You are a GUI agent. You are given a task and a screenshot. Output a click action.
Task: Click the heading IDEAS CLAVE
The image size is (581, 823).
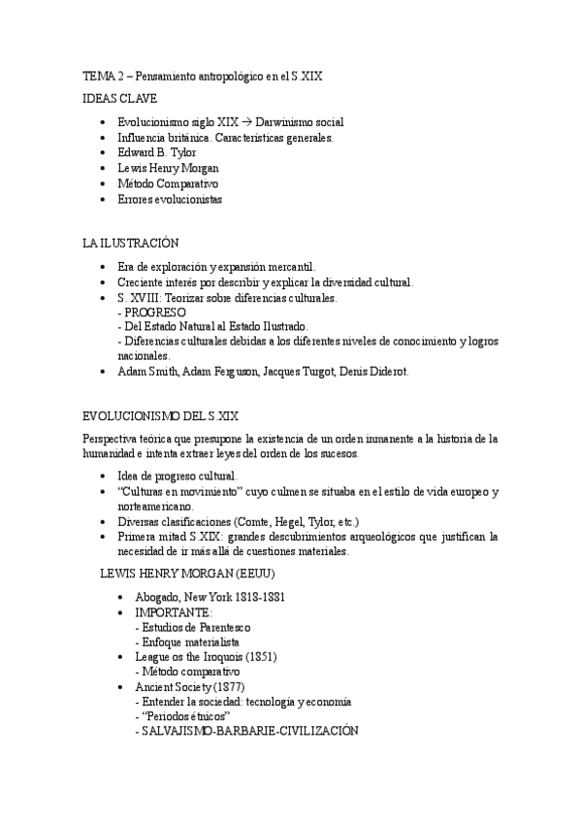[x=120, y=98]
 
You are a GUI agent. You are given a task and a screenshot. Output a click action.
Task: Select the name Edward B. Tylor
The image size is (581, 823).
[x=156, y=153]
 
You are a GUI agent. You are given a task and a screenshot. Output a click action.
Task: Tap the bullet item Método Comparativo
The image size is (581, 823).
[x=168, y=183]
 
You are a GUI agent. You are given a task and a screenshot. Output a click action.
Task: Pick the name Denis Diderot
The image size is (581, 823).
[x=374, y=372]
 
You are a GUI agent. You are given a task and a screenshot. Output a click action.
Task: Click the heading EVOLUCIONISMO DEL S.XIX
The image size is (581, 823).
[x=161, y=415]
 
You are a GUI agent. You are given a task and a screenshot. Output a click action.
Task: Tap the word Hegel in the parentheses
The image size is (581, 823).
[x=285, y=521]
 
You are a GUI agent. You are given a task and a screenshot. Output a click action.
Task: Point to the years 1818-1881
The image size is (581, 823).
[x=252, y=597]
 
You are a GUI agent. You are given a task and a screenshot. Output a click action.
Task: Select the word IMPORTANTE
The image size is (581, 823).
[x=174, y=612]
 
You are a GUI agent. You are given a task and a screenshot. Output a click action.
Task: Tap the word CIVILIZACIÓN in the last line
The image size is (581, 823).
[x=315, y=730]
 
